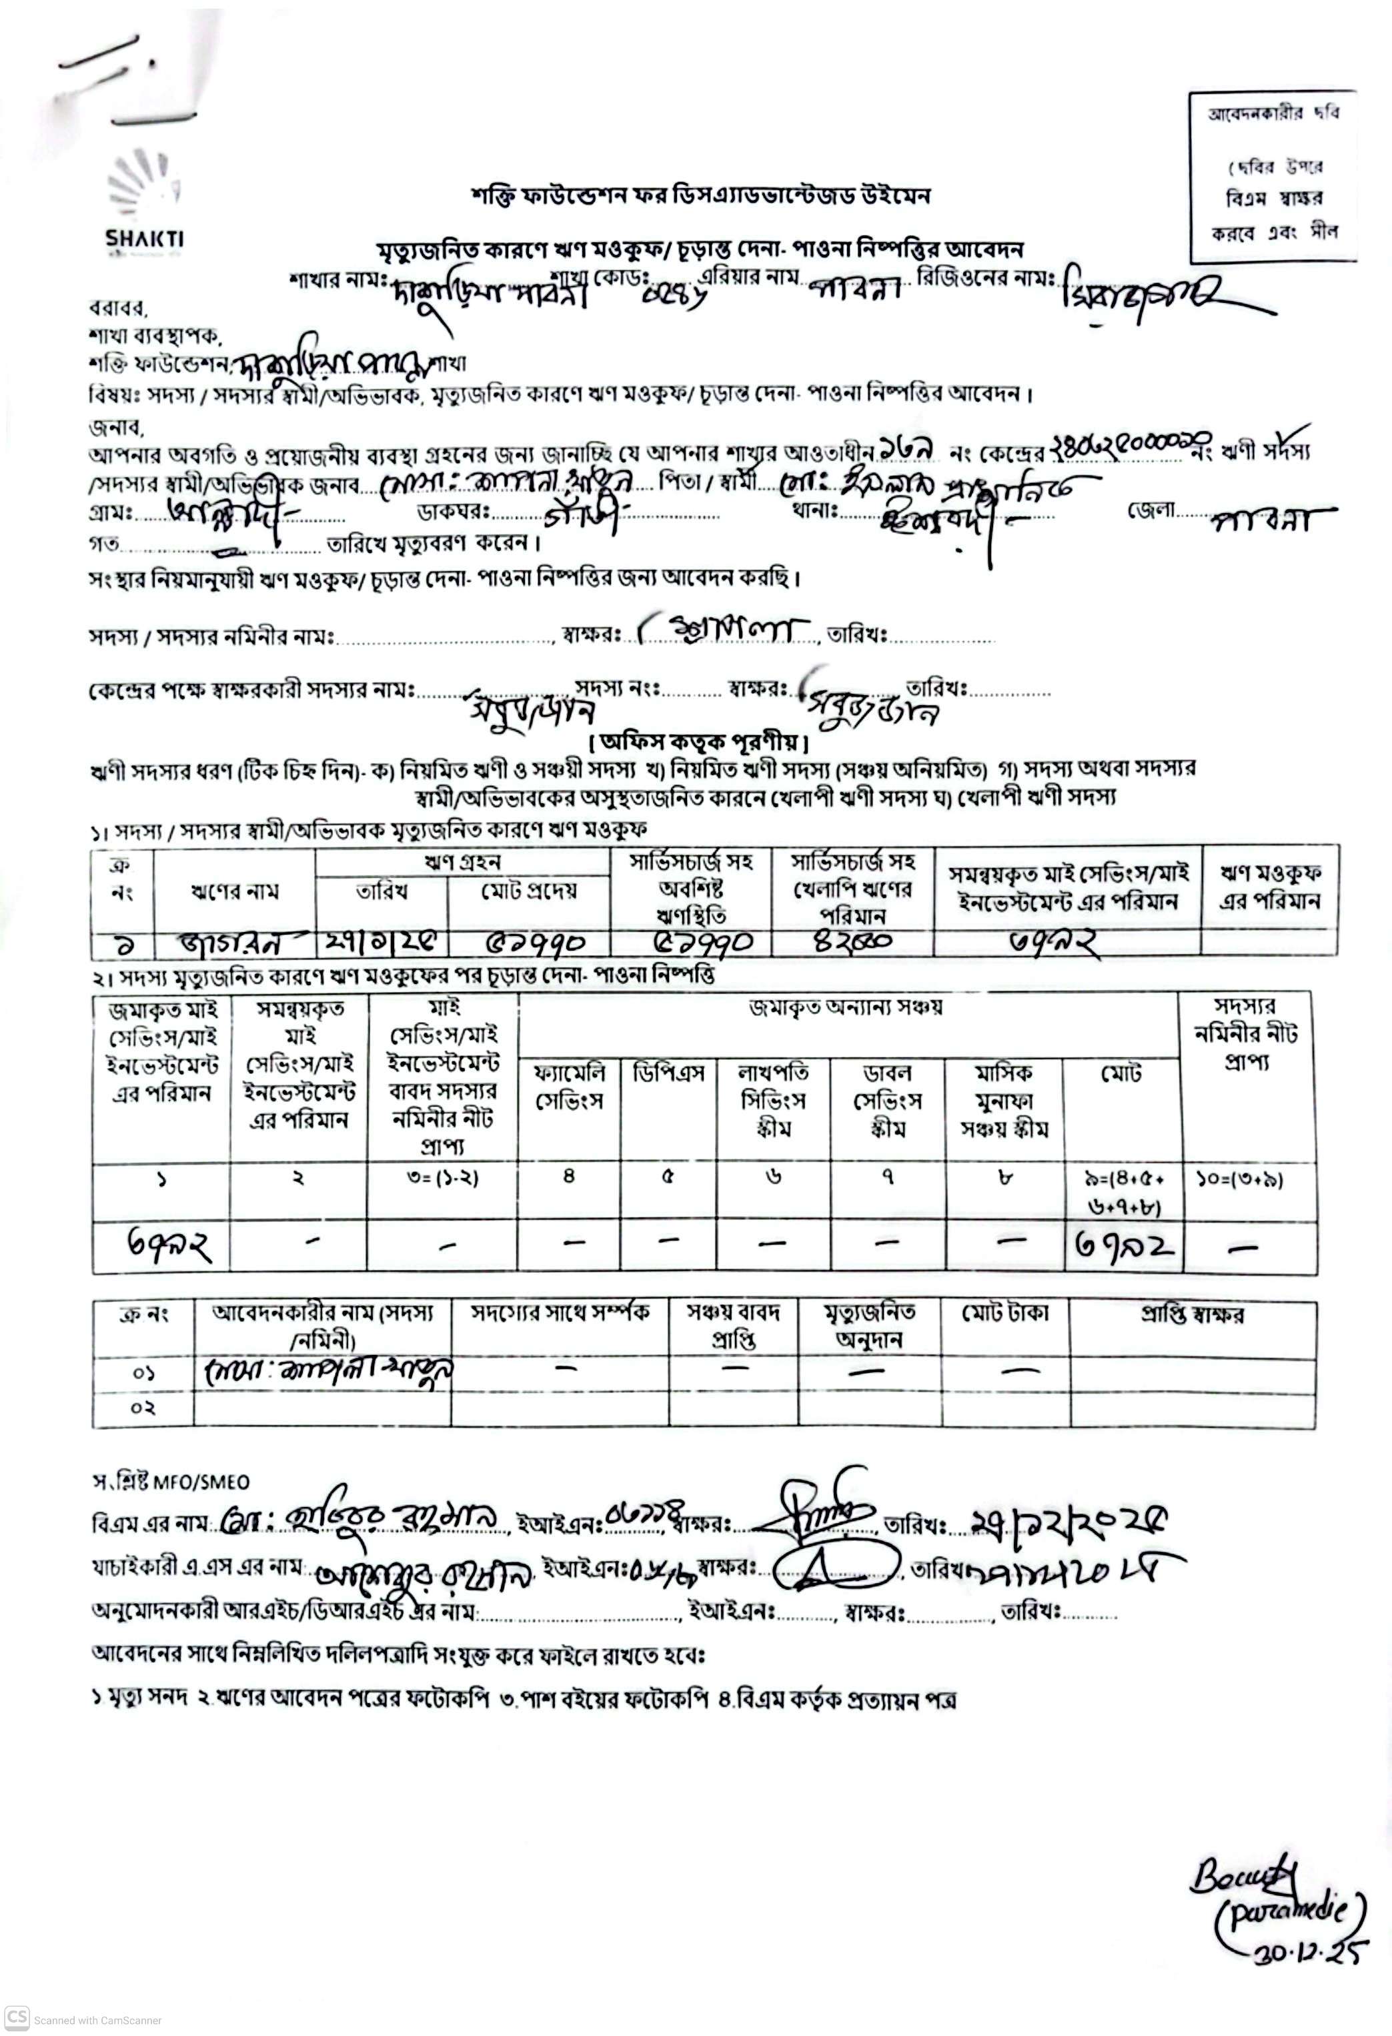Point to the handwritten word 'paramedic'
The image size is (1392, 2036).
[x=1289, y=1914]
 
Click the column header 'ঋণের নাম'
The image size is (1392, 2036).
[x=234, y=891]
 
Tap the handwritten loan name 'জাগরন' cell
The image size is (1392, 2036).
[x=234, y=943]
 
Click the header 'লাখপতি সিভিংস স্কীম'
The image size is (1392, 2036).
[x=772, y=1100]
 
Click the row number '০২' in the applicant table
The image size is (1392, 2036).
[x=143, y=1408]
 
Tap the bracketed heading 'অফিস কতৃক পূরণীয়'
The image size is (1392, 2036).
[x=698, y=744]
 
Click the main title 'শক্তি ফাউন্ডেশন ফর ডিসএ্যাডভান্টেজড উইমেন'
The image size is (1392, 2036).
[x=700, y=195]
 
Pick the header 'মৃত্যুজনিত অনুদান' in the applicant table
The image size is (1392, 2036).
[x=869, y=1326]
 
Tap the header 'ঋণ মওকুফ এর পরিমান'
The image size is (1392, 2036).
[x=1269, y=887]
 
